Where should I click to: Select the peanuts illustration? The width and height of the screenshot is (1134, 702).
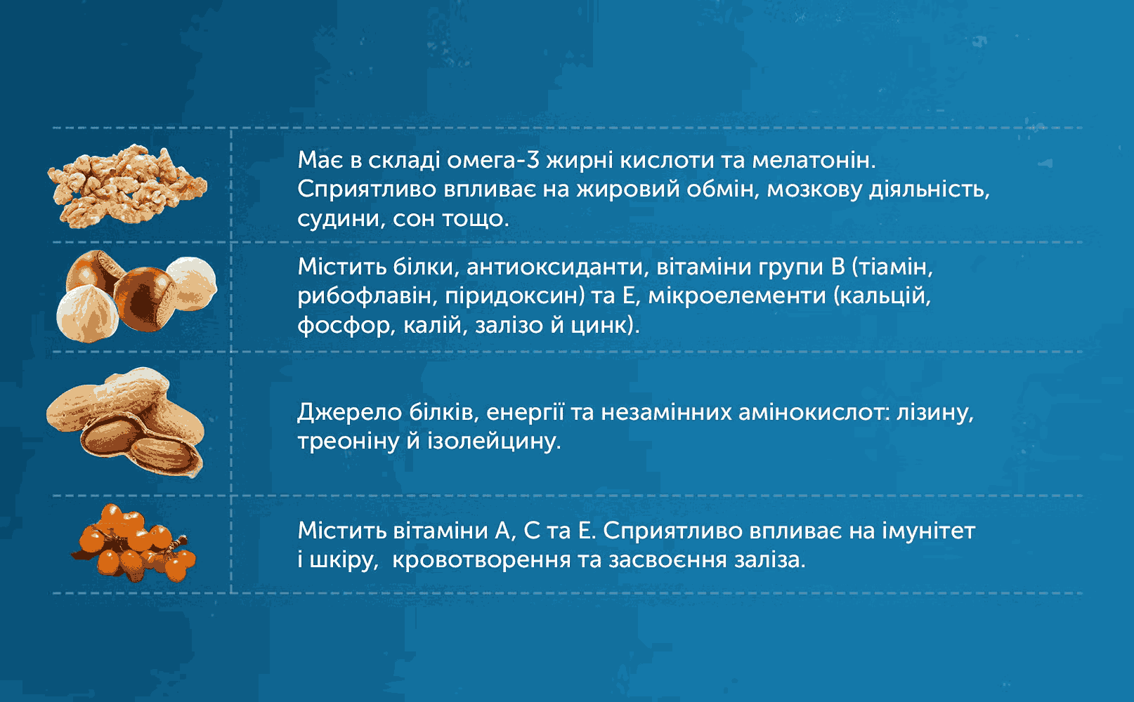coord(126,423)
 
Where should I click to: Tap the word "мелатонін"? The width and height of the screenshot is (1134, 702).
coord(814,161)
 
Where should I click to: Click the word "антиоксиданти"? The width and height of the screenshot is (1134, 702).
coord(557,267)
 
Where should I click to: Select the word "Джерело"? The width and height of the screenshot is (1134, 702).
coord(349,413)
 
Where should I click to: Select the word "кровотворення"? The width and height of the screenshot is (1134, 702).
coord(481,560)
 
